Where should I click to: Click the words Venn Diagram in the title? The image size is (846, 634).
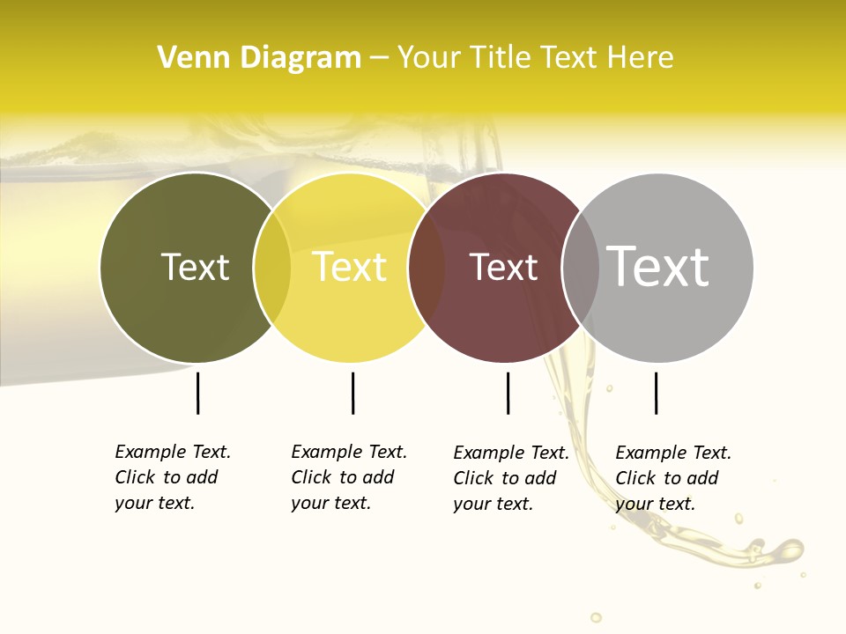click(x=259, y=58)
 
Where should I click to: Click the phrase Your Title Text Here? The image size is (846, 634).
click(x=535, y=58)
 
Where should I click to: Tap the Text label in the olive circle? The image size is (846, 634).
click(x=195, y=267)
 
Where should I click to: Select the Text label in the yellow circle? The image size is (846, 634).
click(x=350, y=267)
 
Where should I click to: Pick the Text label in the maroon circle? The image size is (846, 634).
click(x=503, y=267)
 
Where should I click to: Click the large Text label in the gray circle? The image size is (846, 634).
click(x=658, y=266)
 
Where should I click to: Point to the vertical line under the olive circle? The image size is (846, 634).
click(x=198, y=393)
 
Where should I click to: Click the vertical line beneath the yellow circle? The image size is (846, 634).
click(x=352, y=393)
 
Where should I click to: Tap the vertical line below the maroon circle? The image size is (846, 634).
click(x=508, y=393)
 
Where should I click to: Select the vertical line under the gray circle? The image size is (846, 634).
click(x=656, y=393)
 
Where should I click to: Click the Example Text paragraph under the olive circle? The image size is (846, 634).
click(x=173, y=477)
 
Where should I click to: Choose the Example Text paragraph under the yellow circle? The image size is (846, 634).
click(x=349, y=477)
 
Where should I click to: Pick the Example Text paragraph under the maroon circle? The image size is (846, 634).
click(x=511, y=478)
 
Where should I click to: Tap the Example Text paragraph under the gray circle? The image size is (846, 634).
click(x=673, y=478)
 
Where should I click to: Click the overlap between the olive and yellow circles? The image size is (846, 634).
click(x=272, y=267)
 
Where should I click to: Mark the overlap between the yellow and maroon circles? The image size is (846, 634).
click(x=427, y=267)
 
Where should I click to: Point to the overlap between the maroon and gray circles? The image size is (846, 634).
click(x=581, y=267)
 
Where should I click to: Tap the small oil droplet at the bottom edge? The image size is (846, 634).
click(x=597, y=617)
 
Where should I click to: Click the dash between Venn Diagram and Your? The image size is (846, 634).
click(x=379, y=58)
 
